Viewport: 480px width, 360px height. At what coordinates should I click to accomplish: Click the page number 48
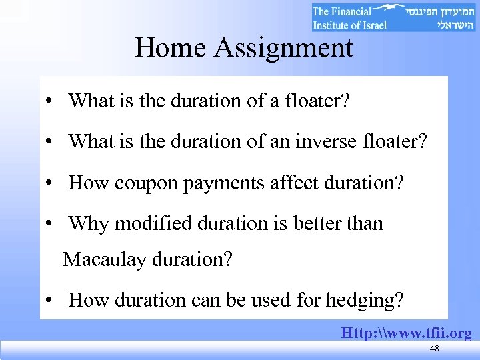(435, 349)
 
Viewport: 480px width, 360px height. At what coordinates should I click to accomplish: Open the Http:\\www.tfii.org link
(407, 333)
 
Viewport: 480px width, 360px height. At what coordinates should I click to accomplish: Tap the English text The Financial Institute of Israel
(350, 18)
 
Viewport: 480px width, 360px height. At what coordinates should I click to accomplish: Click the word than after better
(365, 223)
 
